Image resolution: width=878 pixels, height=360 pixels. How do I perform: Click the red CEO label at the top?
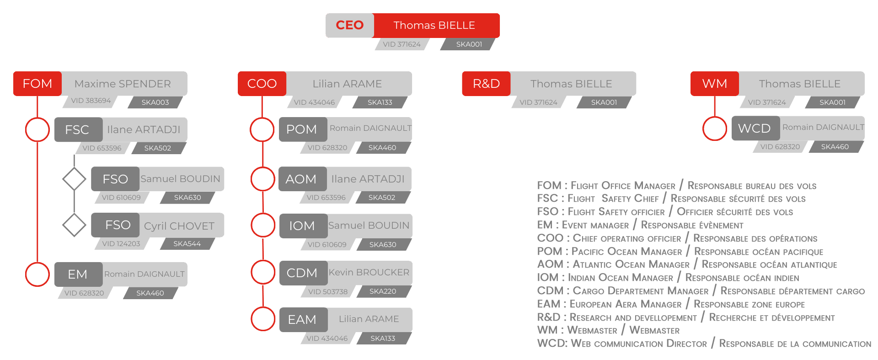coord(350,25)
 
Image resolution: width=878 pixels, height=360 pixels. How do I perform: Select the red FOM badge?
coord(37,84)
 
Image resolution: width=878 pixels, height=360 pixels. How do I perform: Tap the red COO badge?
coord(262,84)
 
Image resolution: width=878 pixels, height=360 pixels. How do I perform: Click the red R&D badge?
coord(486,84)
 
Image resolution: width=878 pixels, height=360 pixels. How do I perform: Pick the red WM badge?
coord(715,84)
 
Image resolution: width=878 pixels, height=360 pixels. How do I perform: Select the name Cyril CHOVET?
coord(179,226)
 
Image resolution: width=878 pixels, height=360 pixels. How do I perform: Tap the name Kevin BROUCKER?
coord(369,272)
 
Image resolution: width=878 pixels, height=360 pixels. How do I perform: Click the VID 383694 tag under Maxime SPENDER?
coord(91,101)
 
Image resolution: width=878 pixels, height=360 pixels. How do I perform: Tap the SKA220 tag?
coord(383,291)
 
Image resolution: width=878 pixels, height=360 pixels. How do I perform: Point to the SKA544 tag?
coord(187,244)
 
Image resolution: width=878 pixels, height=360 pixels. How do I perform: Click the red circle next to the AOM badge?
coord(262,179)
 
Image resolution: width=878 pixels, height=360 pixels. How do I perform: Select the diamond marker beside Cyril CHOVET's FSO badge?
coord(74,225)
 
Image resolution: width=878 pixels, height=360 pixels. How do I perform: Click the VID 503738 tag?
coord(328,291)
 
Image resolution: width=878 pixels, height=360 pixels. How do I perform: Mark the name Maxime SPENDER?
coord(123,84)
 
